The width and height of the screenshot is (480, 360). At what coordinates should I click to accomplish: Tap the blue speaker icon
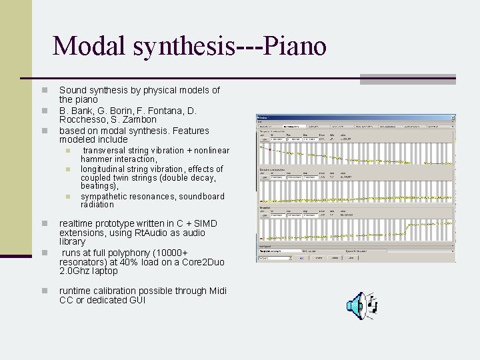pos(357,305)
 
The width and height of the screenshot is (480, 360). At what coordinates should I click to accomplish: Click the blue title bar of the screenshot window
pos(356,117)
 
